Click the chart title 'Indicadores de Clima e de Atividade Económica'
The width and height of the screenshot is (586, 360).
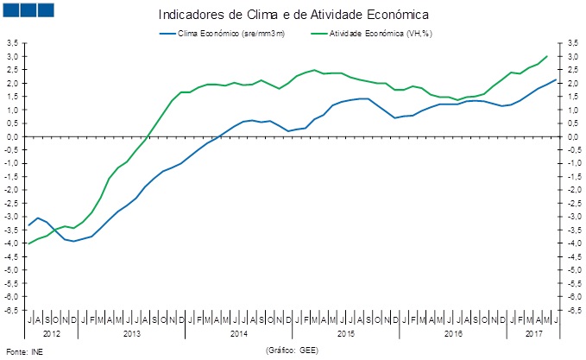(293, 16)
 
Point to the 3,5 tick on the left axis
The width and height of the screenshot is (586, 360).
(12, 43)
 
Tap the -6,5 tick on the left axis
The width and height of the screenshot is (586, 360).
(12, 309)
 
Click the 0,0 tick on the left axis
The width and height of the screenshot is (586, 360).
(12, 136)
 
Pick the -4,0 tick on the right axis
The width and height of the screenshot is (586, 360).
(573, 243)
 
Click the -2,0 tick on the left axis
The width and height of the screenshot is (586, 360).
(12, 189)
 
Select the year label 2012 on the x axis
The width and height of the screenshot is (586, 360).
(52, 332)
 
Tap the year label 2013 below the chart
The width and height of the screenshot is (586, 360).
(132, 332)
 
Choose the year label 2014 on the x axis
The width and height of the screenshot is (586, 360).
(239, 332)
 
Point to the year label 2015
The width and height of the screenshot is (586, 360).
(346, 332)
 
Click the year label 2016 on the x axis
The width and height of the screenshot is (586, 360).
(453, 332)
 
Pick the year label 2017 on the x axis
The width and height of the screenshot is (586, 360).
(533, 332)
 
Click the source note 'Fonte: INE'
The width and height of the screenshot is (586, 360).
(23, 352)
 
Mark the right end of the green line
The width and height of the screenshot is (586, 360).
(547, 56)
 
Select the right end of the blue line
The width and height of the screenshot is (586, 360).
(556, 79)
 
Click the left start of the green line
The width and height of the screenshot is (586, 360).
(29, 243)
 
